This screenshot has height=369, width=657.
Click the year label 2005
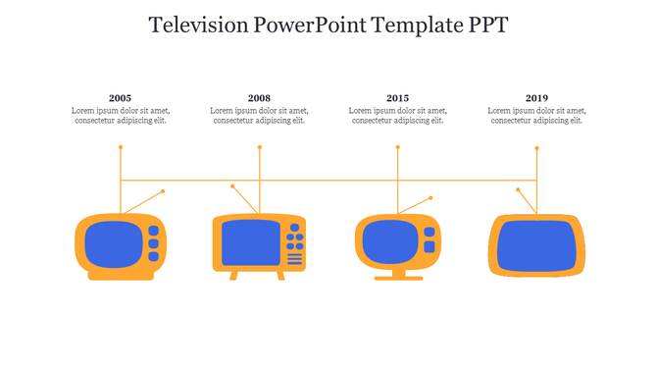tap(121, 98)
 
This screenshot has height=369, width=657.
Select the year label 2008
tap(259, 98)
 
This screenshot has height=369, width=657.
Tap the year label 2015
tap(397, 98)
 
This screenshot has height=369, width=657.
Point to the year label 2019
tap(536, 98)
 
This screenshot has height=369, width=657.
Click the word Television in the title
tap(196, 26)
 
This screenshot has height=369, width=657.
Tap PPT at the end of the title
tap(487, 26)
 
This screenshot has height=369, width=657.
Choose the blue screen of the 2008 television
tap(250, 242)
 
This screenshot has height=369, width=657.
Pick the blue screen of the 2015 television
tap(390, 241)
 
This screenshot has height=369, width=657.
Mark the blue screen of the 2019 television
tap(535, 244)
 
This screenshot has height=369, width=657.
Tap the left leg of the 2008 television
tap(233, 276)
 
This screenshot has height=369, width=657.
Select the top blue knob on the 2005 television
tap(153, 232)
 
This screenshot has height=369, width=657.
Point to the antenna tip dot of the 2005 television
tap(163, 191)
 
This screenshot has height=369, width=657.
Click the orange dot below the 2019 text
tap(536, 148)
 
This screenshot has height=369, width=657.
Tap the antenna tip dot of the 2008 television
tap(232, 186)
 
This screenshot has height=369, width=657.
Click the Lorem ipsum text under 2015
tap(397, 116)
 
